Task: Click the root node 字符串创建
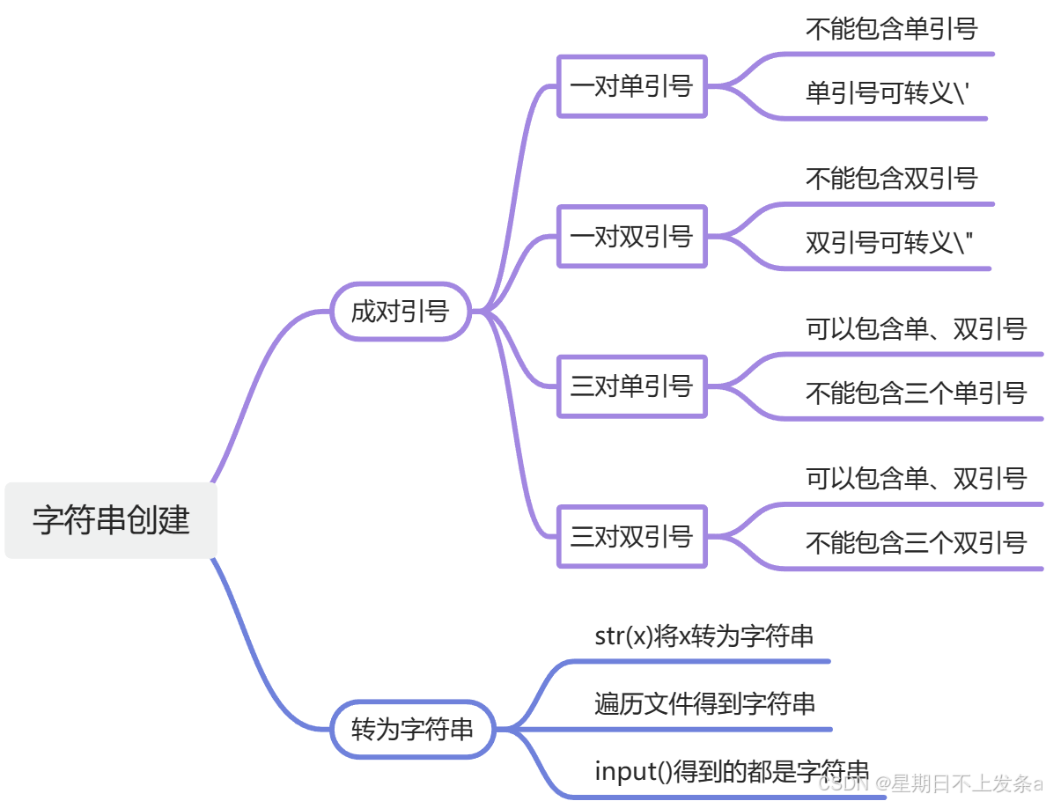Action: coord(111,520)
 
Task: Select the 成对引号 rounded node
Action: coord(401,311)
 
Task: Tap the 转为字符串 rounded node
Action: coord(412,729)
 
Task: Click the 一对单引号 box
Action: coord(631,86)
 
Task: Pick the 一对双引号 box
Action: coord(631,236)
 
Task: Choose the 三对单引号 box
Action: coord(631,386)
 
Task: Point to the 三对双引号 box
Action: coord(631,536)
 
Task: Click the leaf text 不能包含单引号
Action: coord(891,29)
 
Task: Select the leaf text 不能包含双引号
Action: coord(891,179)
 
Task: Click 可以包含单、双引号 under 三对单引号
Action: coord(916,329)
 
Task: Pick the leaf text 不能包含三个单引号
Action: coord(916,393)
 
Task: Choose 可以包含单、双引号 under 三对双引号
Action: coord(916,479)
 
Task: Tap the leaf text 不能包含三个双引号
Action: coord(916,542)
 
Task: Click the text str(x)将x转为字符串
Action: coord(704,636)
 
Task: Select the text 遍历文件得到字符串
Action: coord(704,703)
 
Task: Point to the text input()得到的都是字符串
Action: coord(732,772)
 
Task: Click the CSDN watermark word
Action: coord(842,783)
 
